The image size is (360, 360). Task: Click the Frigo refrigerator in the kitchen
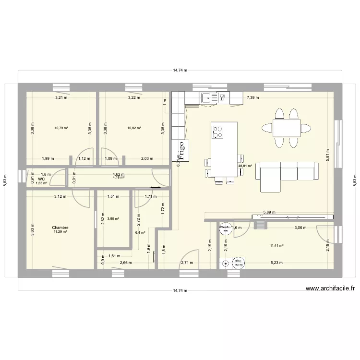click(x=181, y=149)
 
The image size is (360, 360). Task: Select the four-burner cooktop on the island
click(x=217, y=131)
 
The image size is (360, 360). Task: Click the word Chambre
click(x=60, y=228)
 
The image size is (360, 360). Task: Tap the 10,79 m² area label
click(x=61, y=128)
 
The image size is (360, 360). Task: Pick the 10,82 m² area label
click(x=134, y=128)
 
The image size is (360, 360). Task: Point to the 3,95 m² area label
click(x=113, y=219)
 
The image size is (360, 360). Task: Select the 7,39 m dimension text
click(x=252, y=97)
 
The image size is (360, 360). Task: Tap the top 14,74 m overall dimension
click(x=180, y=70)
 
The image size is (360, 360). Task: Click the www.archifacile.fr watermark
click(x=330, y=288)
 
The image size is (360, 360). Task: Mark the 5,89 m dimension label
click(x=270, y=212)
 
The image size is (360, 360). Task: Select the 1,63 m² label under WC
click(x=42, y=183)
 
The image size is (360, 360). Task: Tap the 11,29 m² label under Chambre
click(x=60, y=232)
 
